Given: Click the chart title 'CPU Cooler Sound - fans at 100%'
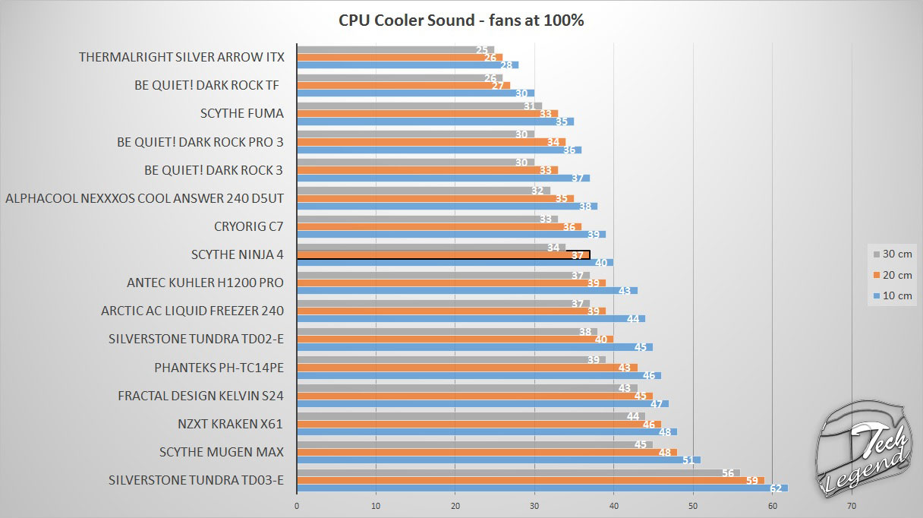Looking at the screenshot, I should pos(461,21).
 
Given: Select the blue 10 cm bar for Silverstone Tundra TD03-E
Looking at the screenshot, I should pos(542,488).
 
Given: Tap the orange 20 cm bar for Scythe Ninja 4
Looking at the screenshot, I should pos(443,255).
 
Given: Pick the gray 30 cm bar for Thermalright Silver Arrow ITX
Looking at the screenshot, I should pos(395,49).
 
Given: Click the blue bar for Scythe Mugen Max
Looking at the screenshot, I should pos(498,460).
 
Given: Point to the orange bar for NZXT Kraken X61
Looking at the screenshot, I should pos(478,424).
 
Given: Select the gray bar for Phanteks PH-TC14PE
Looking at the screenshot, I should pos(451,359).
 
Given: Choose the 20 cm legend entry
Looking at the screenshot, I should pos(893,275).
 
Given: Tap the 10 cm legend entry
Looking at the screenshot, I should pos(893,295).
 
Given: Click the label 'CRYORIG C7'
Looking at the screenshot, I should pos(249,226).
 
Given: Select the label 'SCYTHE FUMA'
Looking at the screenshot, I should pos(242,114).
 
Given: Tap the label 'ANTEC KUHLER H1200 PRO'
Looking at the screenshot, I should pos(205,283).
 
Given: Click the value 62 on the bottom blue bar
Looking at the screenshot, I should pos(774,488).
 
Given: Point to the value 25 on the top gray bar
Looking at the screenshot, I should pos(482,50).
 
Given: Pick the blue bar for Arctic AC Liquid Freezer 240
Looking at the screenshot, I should pos(471,319).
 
